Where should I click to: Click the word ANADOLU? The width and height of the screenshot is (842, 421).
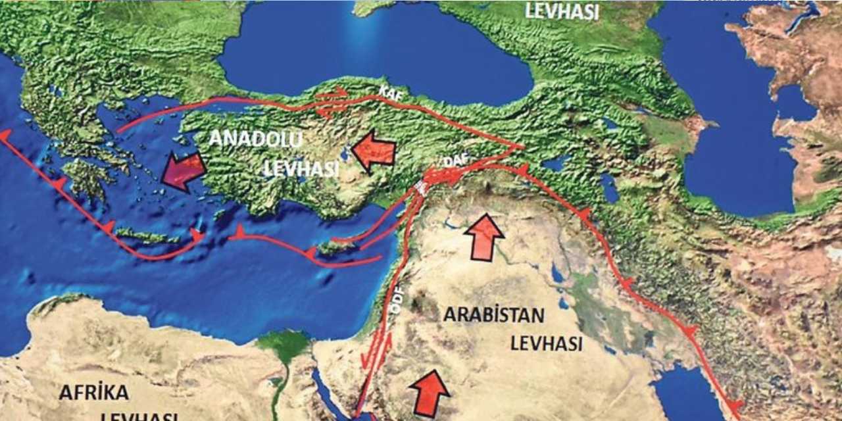coord(255,139)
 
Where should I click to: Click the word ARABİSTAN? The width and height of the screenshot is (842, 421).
coord(493,315)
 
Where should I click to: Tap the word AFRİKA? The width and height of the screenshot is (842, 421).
coord(93,393)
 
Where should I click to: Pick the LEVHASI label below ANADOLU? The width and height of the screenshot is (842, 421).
coord(301,168)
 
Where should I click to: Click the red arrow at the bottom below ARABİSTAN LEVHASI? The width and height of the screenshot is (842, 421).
coord(430,393)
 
